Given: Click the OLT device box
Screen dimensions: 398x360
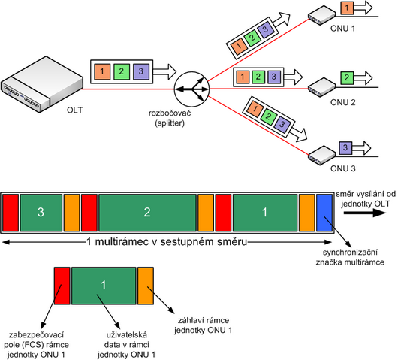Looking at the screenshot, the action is click(x=42, y=85).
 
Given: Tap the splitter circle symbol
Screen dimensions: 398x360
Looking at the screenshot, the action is click(x=191, y=89).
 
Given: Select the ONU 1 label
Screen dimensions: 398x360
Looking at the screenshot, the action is click(x=342, y=29).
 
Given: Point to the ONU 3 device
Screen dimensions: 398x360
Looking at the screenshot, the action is click(x=321, y=155).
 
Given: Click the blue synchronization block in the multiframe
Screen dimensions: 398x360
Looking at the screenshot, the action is click(x=324, y=213).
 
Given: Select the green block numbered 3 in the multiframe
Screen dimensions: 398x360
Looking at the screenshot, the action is click(x=41, y=213).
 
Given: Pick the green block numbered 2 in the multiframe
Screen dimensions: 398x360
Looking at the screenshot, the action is click(x=147, y=213).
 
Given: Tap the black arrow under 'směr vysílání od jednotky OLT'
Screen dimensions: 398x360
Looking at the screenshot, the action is click(x=364, y=213).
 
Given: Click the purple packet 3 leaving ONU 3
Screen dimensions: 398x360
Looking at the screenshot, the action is click(x=345, y=148).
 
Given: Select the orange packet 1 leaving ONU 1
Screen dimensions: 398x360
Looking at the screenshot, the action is click(x=347, y=8).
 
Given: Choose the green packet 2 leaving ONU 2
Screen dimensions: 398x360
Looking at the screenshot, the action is click(x=347, y=77).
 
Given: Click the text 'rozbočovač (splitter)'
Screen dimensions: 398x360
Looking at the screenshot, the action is click(x=170, y=118).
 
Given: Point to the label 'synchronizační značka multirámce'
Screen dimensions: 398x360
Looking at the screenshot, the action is click(x=350, y=257).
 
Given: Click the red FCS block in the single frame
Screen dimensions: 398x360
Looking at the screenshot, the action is click(x=62, y=286).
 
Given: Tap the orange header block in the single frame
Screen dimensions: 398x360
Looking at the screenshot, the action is click(x=146, y=286).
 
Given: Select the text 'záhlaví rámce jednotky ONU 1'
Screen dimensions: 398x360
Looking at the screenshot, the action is click(x=203, y=325).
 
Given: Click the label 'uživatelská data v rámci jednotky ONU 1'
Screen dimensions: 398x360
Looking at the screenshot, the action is click(x=126, y=344).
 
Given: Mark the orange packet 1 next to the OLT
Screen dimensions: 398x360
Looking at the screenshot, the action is click(x=102, y=71).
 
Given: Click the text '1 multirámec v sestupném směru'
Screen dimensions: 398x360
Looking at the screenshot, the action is click(x=167, y=241).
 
